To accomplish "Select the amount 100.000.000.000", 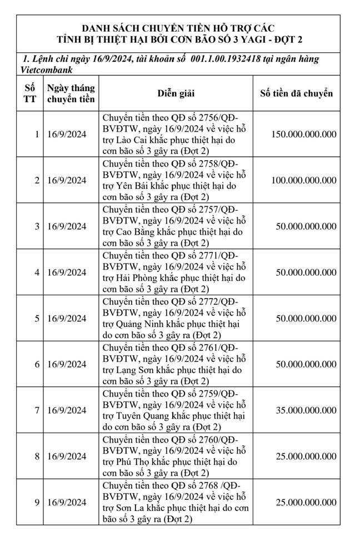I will point(304,180).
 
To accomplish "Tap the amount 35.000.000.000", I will point(307,410).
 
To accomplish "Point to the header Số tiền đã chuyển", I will point(297,93).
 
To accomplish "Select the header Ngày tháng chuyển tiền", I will point(71,93).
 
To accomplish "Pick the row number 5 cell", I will point(37,319).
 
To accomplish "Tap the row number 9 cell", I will point(37,502).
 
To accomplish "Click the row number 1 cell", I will point(37,134).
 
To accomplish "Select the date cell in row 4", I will point(67,272).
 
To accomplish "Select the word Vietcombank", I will point(48,70).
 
